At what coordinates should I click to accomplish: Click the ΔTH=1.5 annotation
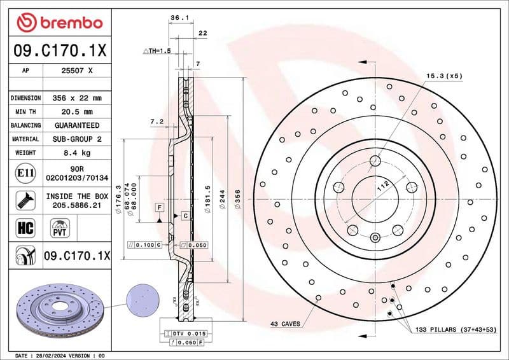point(157,50)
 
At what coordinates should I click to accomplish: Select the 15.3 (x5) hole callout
point(444,76)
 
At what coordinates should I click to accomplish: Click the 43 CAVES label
point(285,324)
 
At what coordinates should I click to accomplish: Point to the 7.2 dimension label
point(157,121)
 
